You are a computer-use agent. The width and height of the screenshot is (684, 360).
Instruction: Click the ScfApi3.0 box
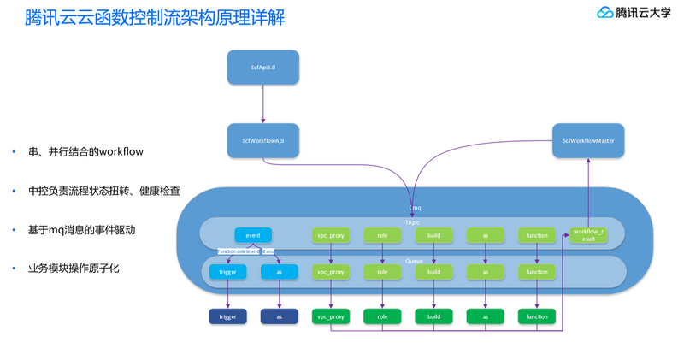[262, 67]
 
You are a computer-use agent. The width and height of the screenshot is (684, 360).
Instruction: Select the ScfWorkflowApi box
[262, 140]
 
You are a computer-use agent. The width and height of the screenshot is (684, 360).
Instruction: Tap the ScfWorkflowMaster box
[588, 140]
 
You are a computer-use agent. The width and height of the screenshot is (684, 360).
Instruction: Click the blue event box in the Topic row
[253, 234]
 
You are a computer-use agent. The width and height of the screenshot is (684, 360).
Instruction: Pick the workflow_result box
[588, 235]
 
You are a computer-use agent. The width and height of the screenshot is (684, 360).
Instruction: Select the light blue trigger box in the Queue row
[227, 272]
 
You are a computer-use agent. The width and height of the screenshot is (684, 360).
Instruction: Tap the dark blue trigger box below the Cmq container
[227, 316]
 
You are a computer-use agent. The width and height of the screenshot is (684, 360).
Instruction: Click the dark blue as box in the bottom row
[279, 316]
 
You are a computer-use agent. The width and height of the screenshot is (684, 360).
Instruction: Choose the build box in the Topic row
[433, 234]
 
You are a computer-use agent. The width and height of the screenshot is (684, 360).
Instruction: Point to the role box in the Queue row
[382, 272]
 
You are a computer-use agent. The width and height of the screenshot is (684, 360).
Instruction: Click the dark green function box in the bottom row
[537, 316]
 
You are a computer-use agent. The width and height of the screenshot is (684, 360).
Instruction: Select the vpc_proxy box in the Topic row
[331, 234]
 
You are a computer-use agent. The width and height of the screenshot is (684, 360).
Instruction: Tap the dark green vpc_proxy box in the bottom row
[331, 316]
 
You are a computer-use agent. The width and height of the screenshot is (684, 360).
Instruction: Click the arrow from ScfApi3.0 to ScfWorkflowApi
[262, 103]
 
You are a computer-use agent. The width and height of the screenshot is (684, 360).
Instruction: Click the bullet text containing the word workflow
[85, 152]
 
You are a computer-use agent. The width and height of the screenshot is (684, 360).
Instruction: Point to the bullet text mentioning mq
[81, 230]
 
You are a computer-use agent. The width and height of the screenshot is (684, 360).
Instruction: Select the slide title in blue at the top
[156, 16]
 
